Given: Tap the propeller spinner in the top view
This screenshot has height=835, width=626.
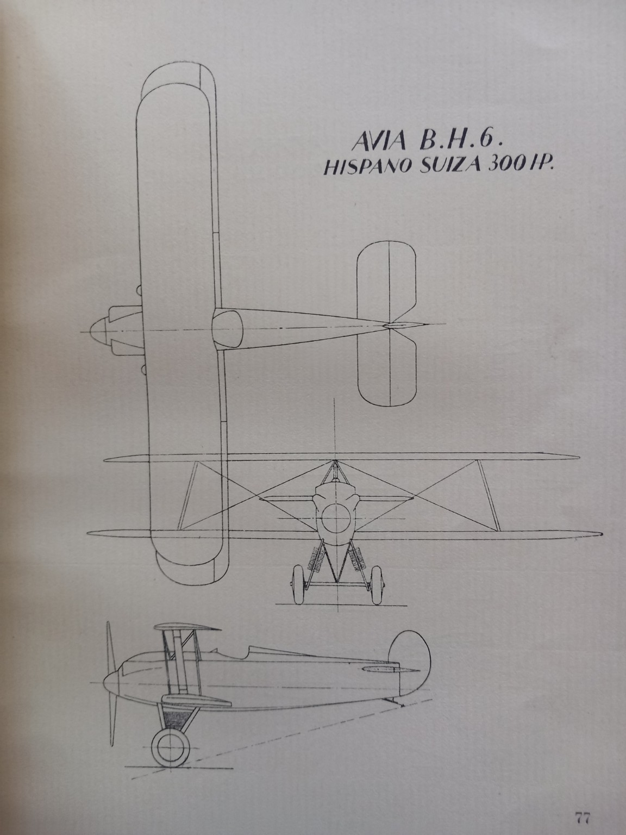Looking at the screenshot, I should pos(98,329).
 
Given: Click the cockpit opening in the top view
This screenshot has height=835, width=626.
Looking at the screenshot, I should pos(228,329).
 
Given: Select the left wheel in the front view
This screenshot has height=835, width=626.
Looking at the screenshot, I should pos(299,584).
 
